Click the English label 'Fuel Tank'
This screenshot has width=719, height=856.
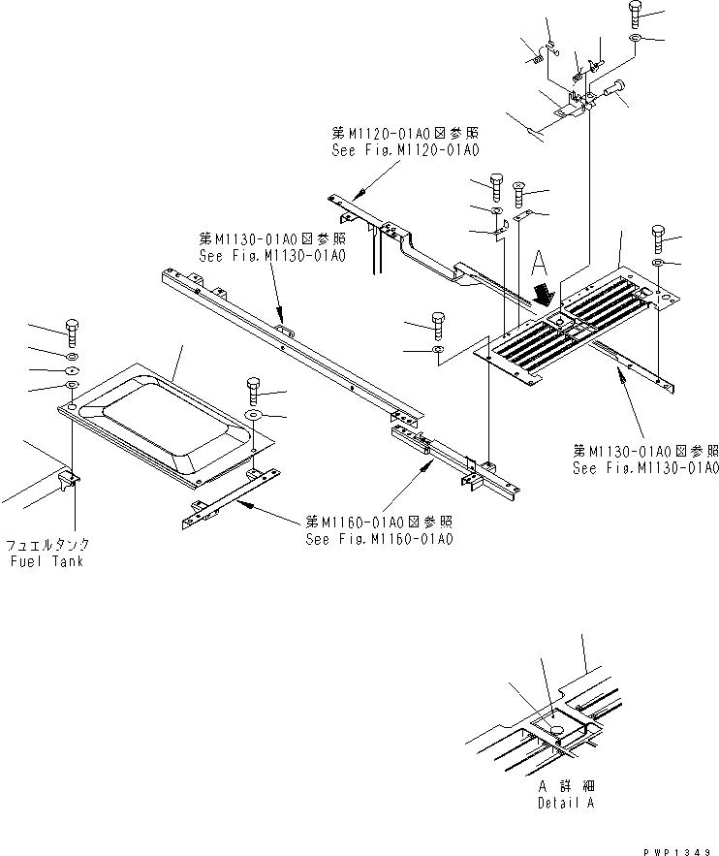(x=46, y=562)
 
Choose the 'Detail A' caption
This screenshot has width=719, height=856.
(x=567, y=803)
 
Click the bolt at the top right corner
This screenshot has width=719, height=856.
(x=634, y=13)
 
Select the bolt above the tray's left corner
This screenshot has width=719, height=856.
(x=72, y=331)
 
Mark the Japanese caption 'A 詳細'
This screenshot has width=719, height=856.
(x=567, y=788)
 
